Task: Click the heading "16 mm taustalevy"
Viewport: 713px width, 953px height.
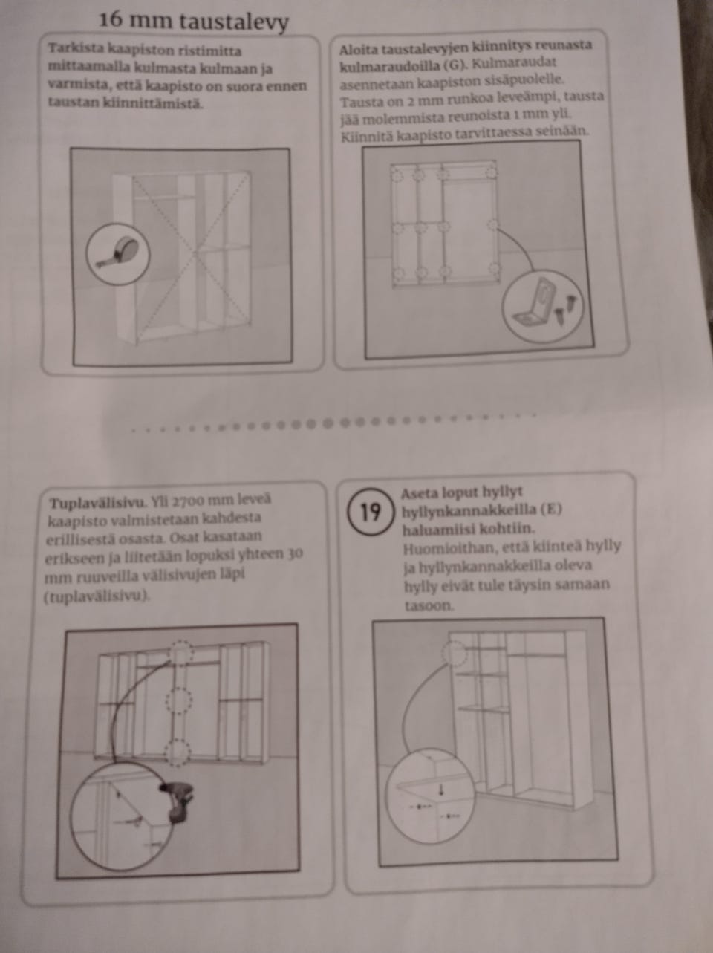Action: point(194,21)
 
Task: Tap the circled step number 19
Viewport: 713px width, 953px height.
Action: point(370,513)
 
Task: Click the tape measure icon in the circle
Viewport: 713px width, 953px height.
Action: point(119,255)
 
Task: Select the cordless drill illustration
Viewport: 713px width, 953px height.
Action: point(177,801)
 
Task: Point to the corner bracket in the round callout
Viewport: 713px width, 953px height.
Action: point(535,303)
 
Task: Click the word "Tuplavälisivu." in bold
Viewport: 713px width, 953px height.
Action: point(99,504)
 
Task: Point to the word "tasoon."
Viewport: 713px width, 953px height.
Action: point(429,605)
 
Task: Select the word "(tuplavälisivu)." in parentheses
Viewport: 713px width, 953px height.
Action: point(97,597)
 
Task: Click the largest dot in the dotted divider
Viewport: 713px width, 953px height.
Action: point(328,423)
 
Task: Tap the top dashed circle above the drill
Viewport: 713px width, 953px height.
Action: point(180,653)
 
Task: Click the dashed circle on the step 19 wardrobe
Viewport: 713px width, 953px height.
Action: point(455,653)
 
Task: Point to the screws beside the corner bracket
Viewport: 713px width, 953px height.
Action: point(565,308)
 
